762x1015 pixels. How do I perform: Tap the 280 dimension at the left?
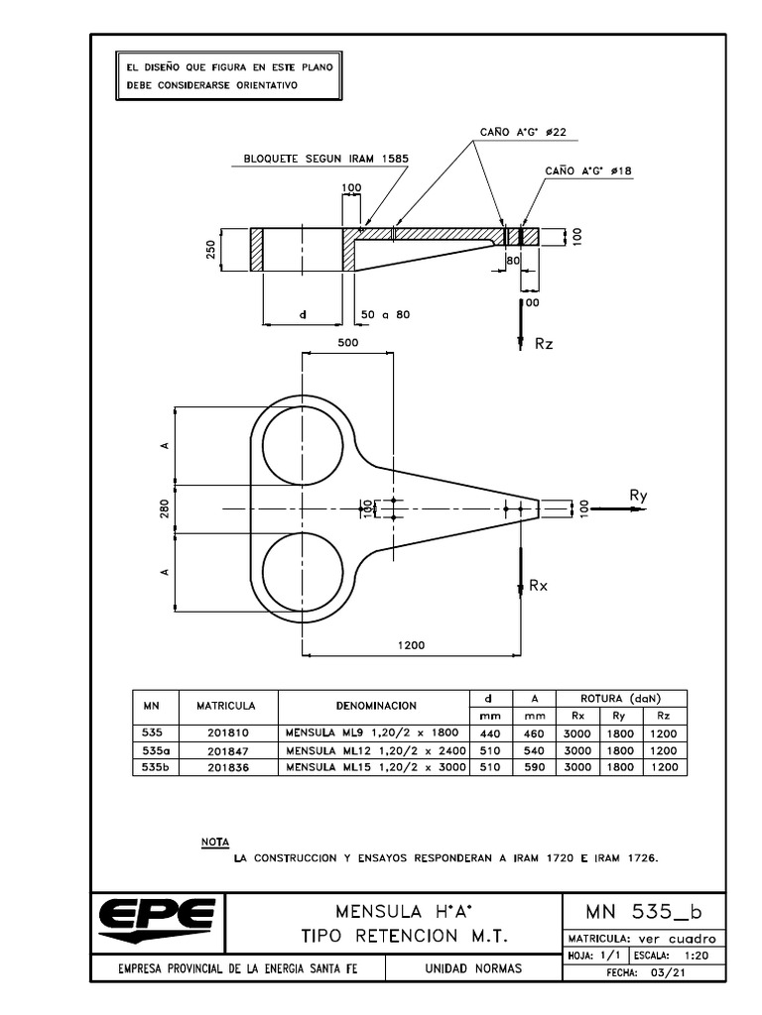pos(165,507)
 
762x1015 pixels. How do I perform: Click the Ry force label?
pos(638,495)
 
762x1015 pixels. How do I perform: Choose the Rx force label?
pos(539,586)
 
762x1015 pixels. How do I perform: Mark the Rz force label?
pos(543,343)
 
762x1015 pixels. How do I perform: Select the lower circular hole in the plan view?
pos(299,572)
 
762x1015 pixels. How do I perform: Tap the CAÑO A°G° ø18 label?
pos(588,170)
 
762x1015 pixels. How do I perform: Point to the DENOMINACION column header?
pos(374,706)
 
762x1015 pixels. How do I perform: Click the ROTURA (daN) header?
pos(622,697)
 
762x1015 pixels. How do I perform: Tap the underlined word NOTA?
pos(215,842)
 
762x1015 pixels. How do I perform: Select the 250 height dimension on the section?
pos(211,249)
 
